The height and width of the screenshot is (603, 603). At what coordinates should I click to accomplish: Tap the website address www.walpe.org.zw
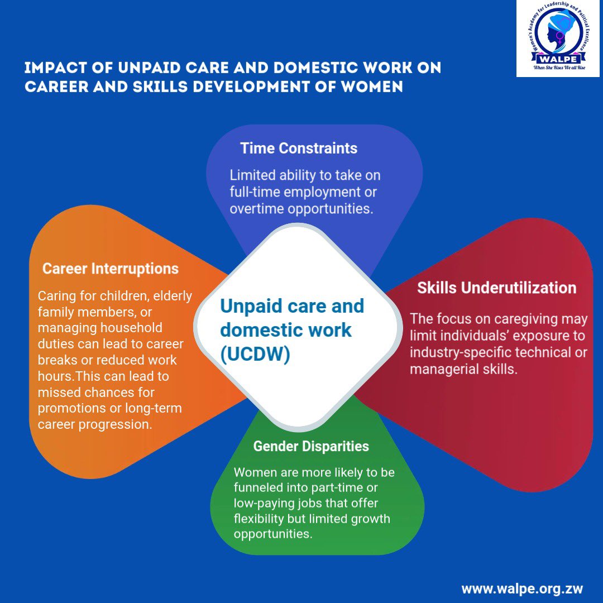522,589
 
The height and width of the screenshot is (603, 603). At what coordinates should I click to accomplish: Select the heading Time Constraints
299,148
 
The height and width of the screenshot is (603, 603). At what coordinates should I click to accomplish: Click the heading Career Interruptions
111,269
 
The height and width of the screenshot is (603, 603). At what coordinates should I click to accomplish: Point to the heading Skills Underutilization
496,288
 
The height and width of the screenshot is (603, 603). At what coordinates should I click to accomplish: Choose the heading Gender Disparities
311,447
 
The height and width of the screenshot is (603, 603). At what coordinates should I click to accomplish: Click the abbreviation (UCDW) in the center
255,355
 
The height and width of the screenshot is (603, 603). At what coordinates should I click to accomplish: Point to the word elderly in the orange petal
170,295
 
